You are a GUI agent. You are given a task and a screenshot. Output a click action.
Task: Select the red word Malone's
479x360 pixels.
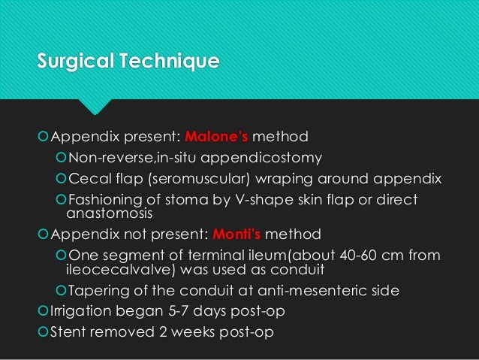(x=215, y=138)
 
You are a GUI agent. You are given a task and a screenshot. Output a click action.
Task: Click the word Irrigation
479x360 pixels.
(x=80, y=311)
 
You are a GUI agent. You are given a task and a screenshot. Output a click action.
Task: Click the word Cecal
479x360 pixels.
(x=87, y=180)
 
